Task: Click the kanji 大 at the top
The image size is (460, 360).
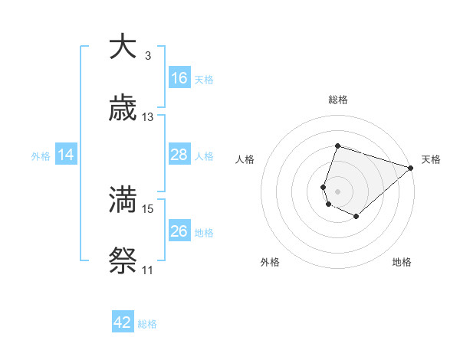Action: (123, 47)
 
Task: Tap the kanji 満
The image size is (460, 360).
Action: (123, 200)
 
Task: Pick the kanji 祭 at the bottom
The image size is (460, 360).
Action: (123, 261)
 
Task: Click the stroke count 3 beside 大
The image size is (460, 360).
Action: (147, 56)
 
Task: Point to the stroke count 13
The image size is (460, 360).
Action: (148, 117)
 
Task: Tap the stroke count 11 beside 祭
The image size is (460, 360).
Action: (147, 270)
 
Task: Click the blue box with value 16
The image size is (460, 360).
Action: (179, 78)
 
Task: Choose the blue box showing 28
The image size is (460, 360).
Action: (179, 155)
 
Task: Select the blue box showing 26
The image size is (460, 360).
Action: (179, 231)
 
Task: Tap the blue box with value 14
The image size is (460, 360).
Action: (66, 155)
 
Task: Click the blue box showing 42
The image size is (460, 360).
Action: (123, 322)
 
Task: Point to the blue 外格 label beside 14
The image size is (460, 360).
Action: (41, 155)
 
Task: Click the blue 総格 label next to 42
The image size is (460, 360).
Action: (147, 324)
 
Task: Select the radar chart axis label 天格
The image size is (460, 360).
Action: (431, 159)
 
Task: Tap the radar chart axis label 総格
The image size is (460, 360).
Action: (338, 100)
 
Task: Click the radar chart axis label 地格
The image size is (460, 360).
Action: (402, 262)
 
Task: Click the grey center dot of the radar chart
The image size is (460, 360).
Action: (338, 191)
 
